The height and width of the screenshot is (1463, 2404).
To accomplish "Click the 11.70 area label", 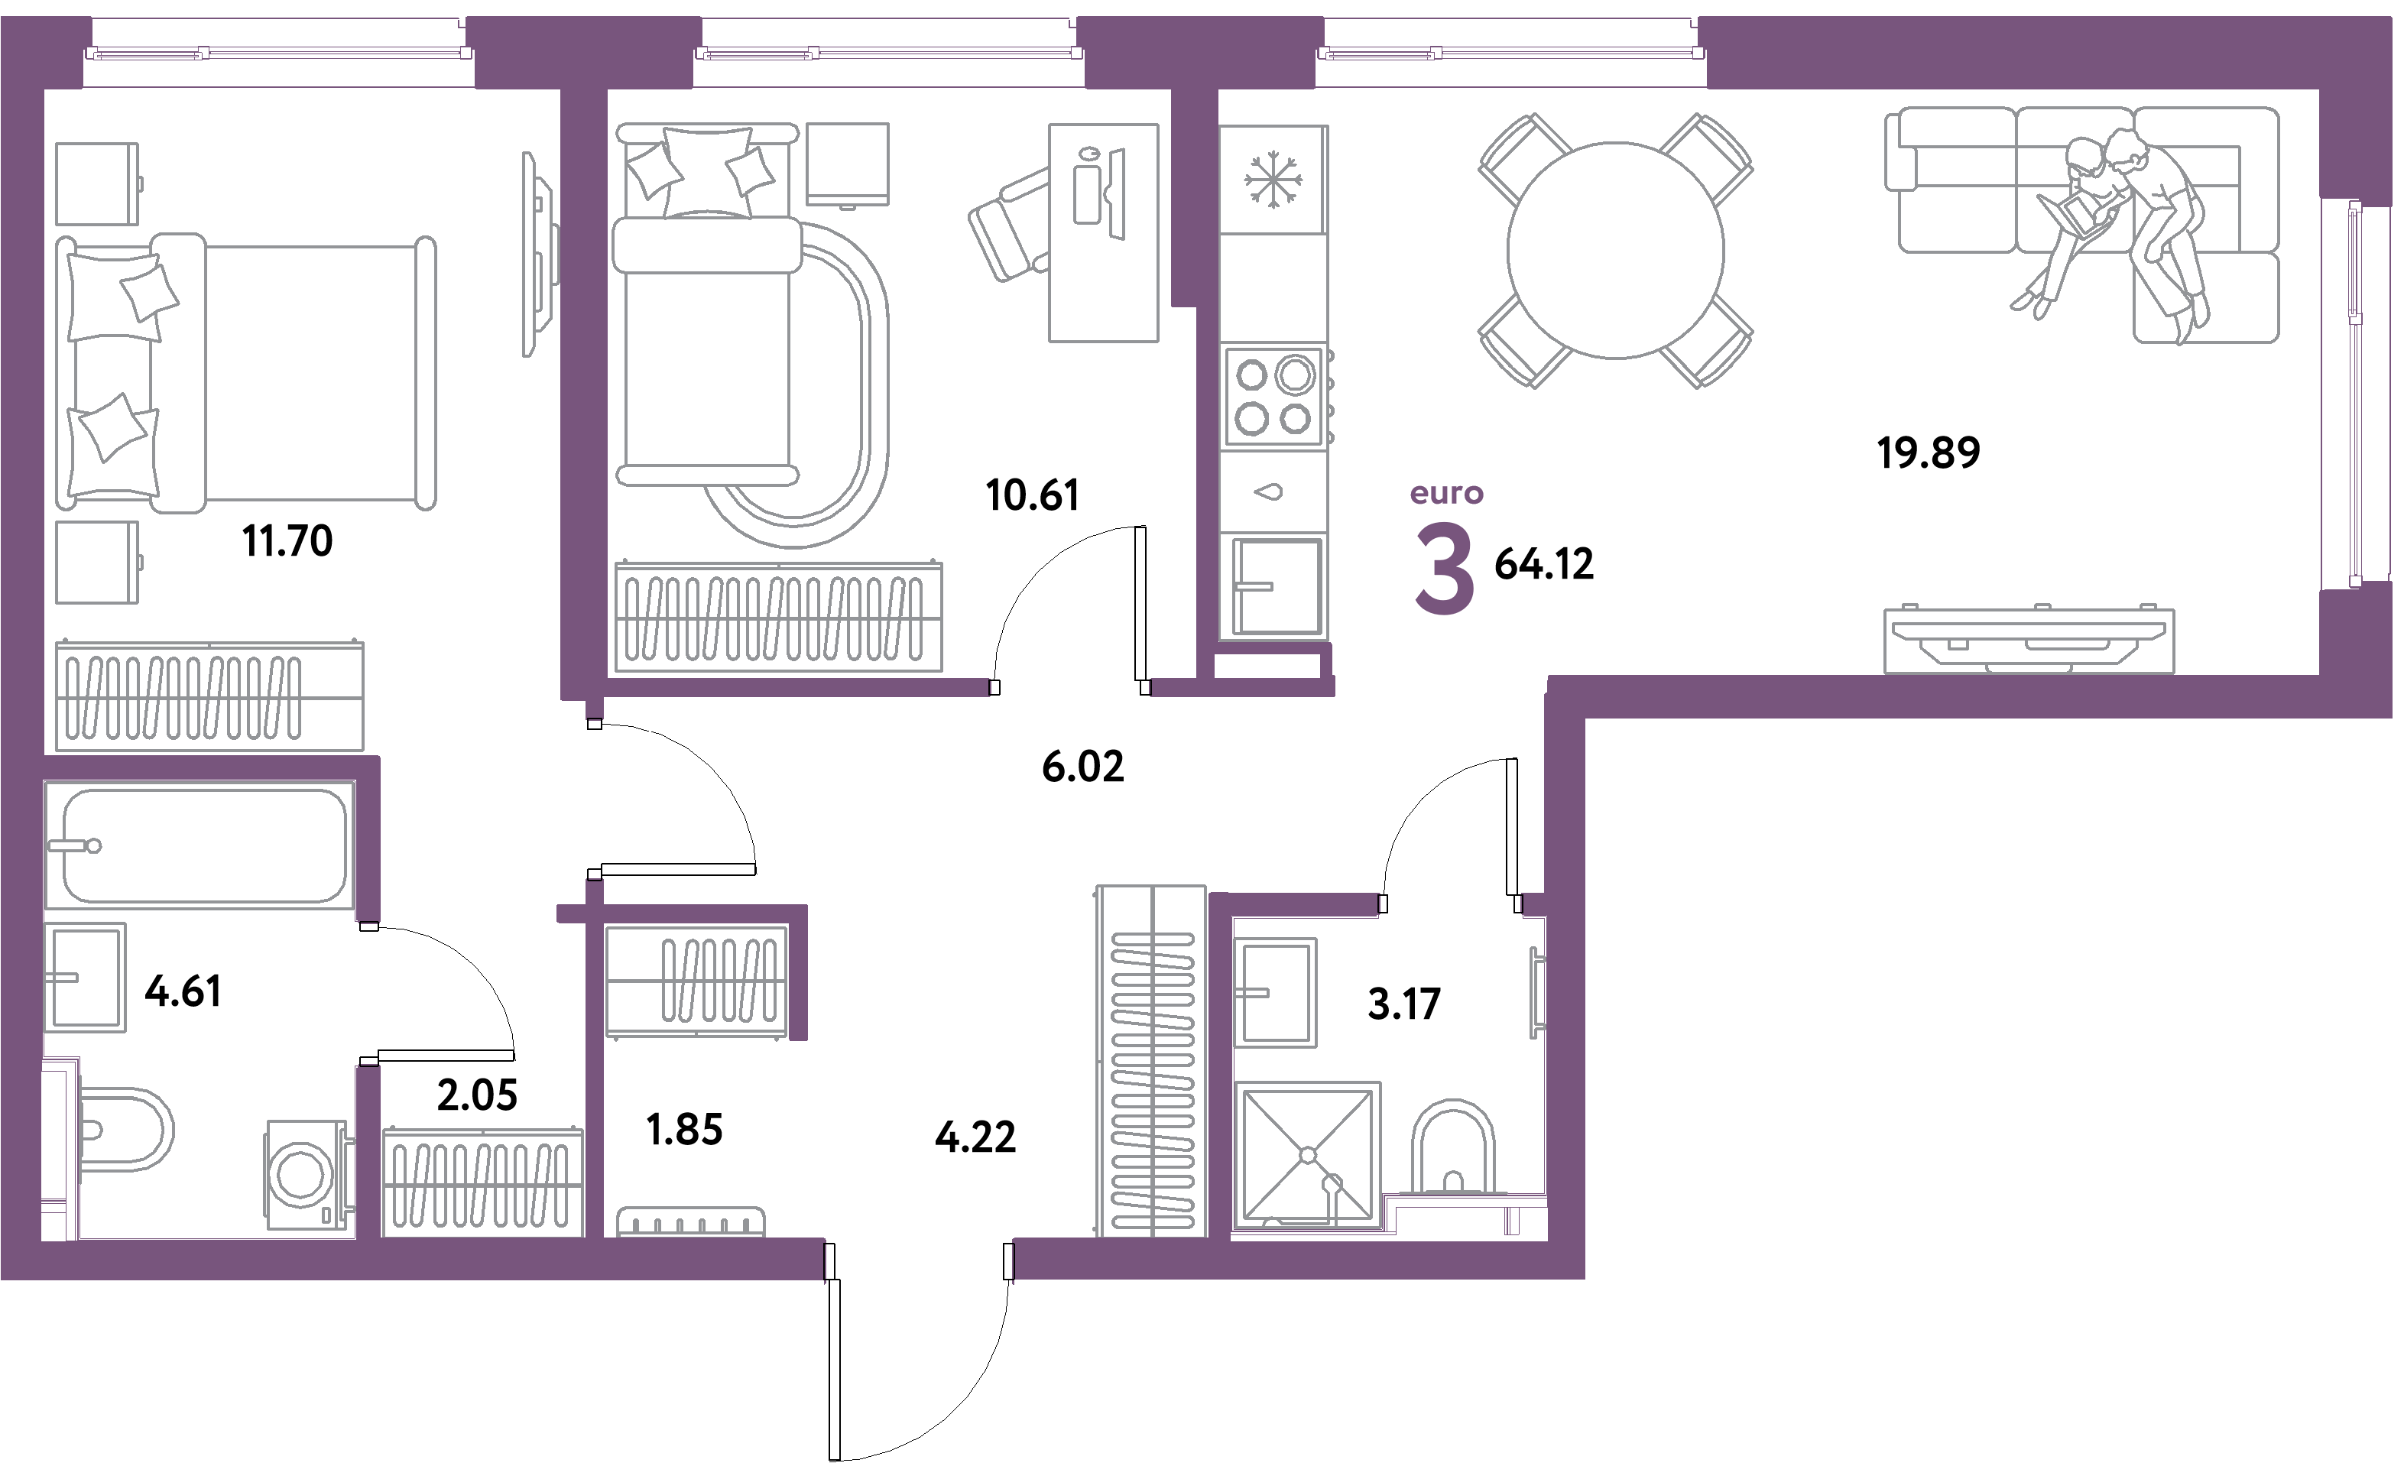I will click(288, 541).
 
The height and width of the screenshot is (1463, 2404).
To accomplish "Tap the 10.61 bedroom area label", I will click(1032, 495).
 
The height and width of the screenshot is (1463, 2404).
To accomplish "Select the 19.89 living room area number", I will click(1928, 453).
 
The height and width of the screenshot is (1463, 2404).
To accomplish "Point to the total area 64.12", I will click(1543, 564).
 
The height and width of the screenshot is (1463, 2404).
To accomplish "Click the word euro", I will click(1446, 494).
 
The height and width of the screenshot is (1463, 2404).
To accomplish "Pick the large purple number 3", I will click(1444, 569).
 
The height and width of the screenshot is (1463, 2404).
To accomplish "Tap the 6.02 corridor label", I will click(1082, 767).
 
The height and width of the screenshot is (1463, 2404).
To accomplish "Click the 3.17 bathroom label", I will click(1404, 1004).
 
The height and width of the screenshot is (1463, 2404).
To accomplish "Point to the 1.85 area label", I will click(684, 1130).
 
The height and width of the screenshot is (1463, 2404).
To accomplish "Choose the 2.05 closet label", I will click(477, 1095).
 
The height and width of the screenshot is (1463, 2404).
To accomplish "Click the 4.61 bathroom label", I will click(183, 992).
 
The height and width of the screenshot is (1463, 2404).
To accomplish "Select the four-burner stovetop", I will click(1274, 397).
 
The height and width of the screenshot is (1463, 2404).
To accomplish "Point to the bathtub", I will click(200, 845).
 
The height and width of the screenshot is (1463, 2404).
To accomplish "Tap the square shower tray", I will click(1307, 1155).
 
